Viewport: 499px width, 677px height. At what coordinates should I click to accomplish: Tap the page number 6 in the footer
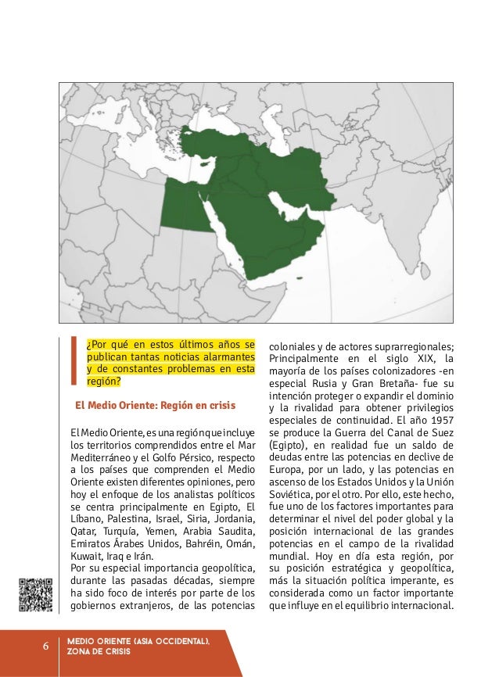[x=45, y=647]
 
